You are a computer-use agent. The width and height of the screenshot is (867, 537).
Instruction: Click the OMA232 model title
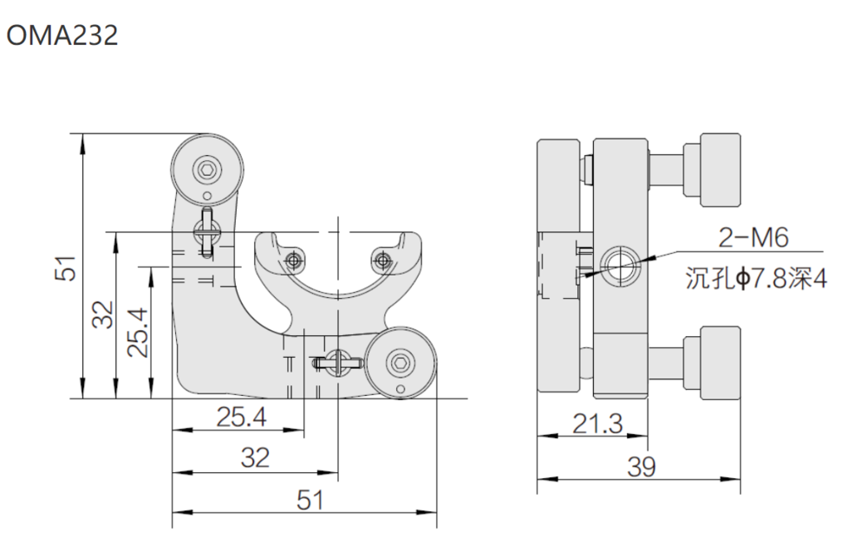tap(62, 36)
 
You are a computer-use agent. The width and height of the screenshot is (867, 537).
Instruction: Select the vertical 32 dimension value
tap(103, 314)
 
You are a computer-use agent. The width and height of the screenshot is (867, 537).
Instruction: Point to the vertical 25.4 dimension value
tap(138, 332)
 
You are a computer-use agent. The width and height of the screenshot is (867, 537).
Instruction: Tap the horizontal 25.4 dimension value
tap(241, 417)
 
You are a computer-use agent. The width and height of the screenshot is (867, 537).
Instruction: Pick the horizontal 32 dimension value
tap(256, 458)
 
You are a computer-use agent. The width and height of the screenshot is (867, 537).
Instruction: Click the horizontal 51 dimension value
tap(310, 500)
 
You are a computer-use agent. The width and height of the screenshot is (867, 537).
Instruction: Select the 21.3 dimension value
tap(597, 424)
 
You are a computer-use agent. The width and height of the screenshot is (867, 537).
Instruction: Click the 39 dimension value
tap(642, 467)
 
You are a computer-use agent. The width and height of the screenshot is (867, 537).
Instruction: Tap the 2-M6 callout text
tap(753, 237)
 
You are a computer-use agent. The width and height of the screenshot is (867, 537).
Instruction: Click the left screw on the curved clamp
tap(294, 259)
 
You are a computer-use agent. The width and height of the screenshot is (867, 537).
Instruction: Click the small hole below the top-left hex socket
tap(207, 195)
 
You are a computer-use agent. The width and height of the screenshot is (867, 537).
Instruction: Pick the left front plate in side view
tap(558, 265)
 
